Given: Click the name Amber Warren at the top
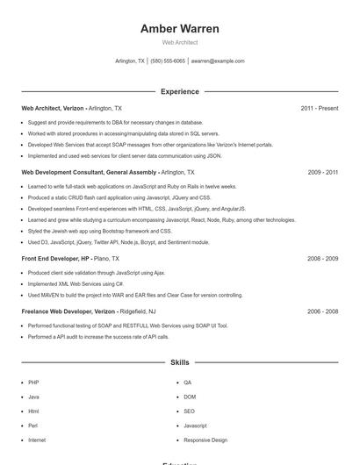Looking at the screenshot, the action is pyautogui.click(x=180, y=29).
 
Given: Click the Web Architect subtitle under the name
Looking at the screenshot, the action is pyautogui.click(x=180, y=42).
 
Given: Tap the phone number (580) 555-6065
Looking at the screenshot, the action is pyautogui.click(x=168, y=61).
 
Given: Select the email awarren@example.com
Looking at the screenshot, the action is pyautogui.click(x=218, y=61).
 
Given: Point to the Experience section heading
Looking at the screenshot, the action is pyautogui.click(x=180, y=91).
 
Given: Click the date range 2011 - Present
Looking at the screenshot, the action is pyautogui.click(x=319, y=108).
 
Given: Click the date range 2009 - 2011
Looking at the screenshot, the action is pyautogui.click(x=322, y=173).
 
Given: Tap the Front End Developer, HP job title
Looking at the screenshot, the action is pyautogui.click(x=55, y=259).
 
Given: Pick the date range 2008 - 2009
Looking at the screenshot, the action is pyautogui.click(x=322, y=259).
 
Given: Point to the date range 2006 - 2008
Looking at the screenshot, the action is pyautogui.click(x=322, y=311).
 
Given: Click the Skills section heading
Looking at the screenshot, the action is pyautogui.click(x=180, y=361).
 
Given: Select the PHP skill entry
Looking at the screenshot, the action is pyautogui.click(x=33, y=383).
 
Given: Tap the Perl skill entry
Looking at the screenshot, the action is pyautogui.click(x=33, y=426).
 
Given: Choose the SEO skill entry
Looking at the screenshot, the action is pyautogui.click(x=189, y=411).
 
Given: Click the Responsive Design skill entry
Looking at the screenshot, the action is pyautogui.click(x=205, y=440).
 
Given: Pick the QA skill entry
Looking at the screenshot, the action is pyautogui.click(x=188, y=383).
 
